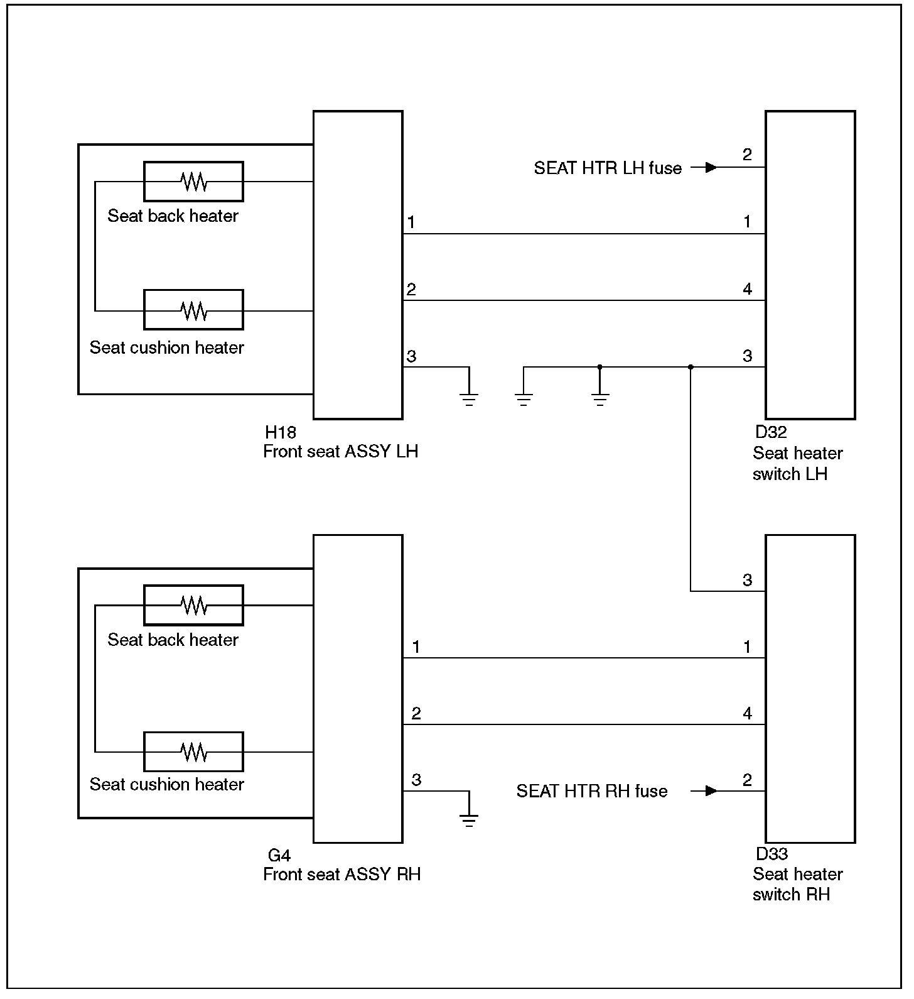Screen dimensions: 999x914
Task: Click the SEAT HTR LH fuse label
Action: tap(607, 168)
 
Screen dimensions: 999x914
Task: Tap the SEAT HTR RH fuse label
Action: tap(591, 791)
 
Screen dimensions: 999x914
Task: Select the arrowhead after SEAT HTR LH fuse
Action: tap(711, 167)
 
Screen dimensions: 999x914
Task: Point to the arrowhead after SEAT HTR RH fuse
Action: tap(711, 790)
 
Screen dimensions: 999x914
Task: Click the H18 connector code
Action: tap(280, 432)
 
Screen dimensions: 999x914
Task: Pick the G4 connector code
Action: tap(279, 856)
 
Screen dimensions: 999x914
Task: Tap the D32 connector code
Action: tap(770, 432)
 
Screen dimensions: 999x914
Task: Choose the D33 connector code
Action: tap(772, 854)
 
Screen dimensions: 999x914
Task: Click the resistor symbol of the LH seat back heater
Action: tap(193, 182)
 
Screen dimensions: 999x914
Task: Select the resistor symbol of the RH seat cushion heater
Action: tap(193, 751)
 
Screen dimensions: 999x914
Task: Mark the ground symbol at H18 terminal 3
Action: tap(468, 398)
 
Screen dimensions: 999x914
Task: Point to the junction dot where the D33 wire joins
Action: tap(691, 367)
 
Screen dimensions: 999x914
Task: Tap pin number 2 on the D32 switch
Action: tap(747, 155)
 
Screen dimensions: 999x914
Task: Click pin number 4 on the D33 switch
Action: tap(747, 714)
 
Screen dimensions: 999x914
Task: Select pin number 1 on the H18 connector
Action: tap(411, 222)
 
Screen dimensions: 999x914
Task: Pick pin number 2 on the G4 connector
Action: tap(416, 714)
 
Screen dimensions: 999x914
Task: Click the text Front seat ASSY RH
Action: tap(341, 875)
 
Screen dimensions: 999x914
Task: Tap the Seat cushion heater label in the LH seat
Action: tap(166, 347)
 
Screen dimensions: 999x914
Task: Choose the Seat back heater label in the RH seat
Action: tap(173, 640)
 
